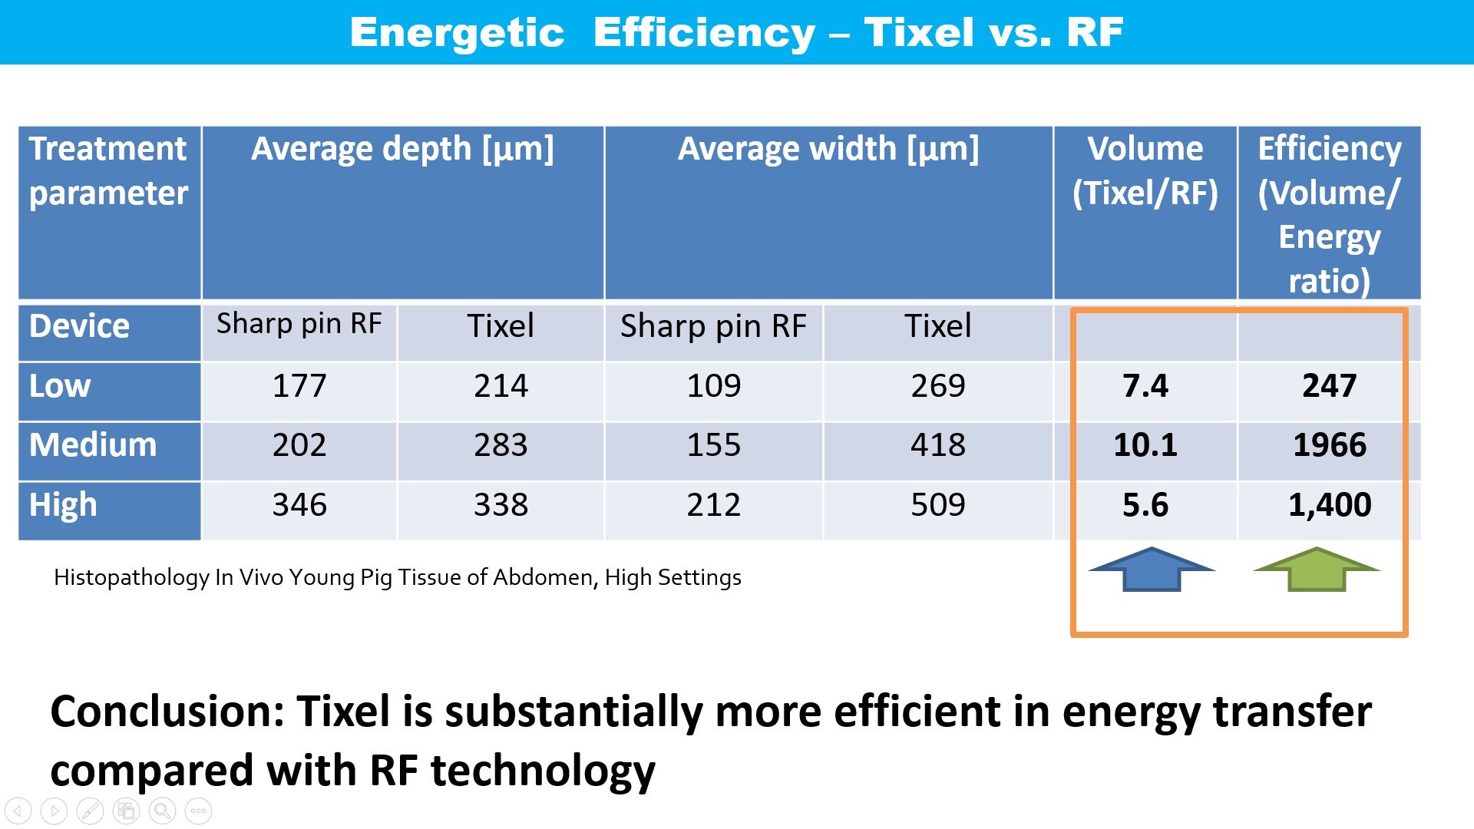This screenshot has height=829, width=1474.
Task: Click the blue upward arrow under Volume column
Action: point(1152,570)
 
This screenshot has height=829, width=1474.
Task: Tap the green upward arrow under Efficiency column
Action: point(1317,570)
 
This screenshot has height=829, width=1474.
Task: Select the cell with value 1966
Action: point(1330,445)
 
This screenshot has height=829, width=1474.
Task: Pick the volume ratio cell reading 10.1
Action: point(1145,445)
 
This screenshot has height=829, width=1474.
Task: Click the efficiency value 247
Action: point(1330,385)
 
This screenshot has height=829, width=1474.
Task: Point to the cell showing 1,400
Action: point(1330,505)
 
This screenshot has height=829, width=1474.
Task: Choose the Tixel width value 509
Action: point(937,505)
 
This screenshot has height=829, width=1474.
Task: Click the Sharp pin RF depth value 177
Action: point(299,385)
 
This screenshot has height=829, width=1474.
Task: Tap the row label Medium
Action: point(93,445)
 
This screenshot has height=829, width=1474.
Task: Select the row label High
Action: point(63,505)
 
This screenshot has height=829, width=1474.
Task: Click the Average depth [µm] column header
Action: point(402,149)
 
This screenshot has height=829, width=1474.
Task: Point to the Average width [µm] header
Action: point(828,149)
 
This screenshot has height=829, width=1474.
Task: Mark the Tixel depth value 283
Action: point(501,445)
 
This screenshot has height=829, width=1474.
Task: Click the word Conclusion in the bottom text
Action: point(167,712)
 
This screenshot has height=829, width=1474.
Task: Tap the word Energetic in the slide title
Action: point(457,32)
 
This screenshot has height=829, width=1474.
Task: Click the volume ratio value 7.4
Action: point(1145,385)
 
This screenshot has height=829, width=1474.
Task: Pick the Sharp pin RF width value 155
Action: point(713,445)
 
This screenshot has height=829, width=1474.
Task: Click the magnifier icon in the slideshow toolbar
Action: point(162,811)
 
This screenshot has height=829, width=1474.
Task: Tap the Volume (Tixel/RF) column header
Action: point(1145,170)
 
